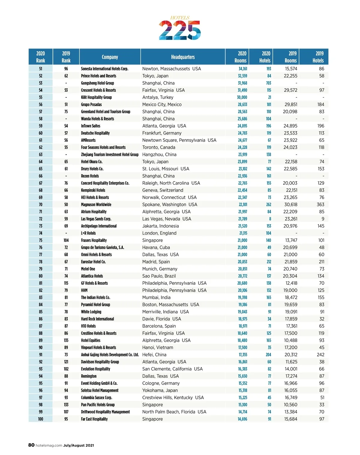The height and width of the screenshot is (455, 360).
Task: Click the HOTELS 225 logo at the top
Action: point(180,28)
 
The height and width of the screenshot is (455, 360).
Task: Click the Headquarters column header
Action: point(183,57)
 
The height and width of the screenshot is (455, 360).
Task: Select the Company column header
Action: point(110,57)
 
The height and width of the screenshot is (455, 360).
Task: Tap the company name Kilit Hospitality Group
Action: point(96,97)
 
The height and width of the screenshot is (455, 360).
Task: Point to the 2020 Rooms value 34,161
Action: point(243,69)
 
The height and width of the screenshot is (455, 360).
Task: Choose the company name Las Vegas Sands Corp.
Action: point(96,219)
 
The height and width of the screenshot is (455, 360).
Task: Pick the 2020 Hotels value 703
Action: point(268,83)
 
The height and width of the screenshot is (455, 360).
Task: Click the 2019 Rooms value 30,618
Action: point(290,204)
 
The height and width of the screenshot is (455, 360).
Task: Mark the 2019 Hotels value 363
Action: point(320,204)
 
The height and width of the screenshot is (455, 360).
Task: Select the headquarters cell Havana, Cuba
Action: point(156,248)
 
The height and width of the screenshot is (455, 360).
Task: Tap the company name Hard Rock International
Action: point(97,319)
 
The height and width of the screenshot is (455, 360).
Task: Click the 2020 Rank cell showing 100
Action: point(40,419)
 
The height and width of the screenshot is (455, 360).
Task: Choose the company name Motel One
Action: point(88,269)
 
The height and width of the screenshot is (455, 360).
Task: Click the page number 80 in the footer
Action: point(31,445)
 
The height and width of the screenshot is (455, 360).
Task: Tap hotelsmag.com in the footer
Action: point(49,445)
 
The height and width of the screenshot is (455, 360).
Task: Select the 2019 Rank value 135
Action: point(66,341)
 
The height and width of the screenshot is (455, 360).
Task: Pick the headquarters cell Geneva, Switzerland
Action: point(163,190)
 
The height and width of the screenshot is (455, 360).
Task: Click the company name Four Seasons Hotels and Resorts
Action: point(103,147)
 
